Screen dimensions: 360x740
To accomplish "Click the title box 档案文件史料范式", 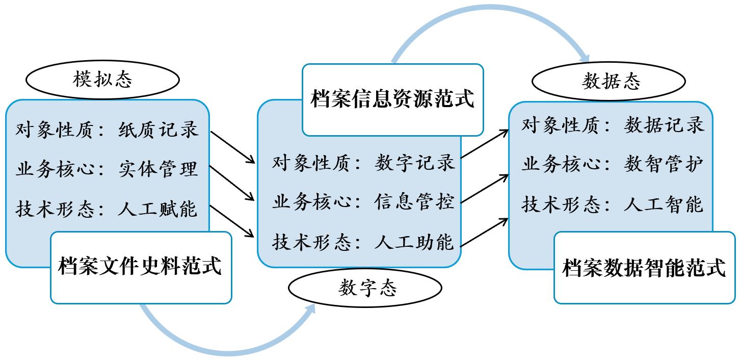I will tap(141, 267).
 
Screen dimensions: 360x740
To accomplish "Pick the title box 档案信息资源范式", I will tap(392, 99).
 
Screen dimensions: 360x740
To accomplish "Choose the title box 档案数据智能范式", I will tap(644, 268).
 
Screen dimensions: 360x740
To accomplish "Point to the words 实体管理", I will tap(158, 169).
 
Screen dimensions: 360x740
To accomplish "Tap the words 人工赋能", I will tap(158, 209).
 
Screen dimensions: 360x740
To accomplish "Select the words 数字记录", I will tap(414, 163).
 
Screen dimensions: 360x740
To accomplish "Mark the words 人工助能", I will tap(414, 242).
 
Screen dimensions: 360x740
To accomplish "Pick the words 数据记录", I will tap(664, 125).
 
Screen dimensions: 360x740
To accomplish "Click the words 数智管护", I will tap(664, 164).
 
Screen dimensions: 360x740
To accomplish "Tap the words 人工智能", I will tap(664, 204).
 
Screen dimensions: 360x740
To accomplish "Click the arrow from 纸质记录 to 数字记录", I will tap(232, 147).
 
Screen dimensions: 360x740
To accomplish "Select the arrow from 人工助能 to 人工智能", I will tap(485, 233).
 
